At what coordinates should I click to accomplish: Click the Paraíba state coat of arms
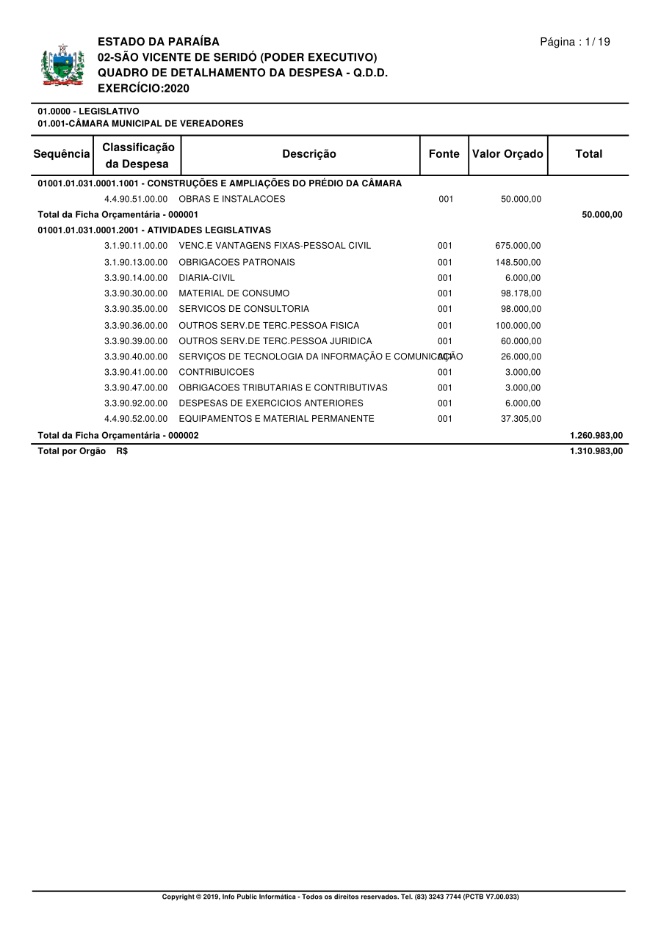pos(62,66)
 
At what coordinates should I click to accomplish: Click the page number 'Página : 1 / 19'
pos(575,42)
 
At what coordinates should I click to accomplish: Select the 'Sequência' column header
pos(62,154)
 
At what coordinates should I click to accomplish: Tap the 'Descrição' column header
pos(309,154)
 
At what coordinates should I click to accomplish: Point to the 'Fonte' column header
pos(444,154)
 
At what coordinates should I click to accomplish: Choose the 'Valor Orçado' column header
pos(508,154)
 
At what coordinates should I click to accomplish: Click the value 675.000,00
pos(518,246)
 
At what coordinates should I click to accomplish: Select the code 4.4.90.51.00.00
pos(136,199)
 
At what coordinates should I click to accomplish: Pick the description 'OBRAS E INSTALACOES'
pos(232,199)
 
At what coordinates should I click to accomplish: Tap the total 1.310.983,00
pos(596,451)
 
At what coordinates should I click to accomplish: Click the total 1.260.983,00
pos(596,435)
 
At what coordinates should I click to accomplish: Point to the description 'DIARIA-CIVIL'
pos(207,278)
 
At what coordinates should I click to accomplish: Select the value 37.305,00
pos(521,419)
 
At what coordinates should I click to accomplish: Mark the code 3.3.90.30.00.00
pos(136,293)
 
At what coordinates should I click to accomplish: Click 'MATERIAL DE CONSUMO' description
pos(234,293)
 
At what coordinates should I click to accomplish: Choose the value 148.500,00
pos(518,262)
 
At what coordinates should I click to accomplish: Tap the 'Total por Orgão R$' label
pos(82,451)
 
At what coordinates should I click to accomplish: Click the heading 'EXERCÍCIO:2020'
pos(144,88)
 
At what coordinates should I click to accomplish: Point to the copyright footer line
pos(340,897)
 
